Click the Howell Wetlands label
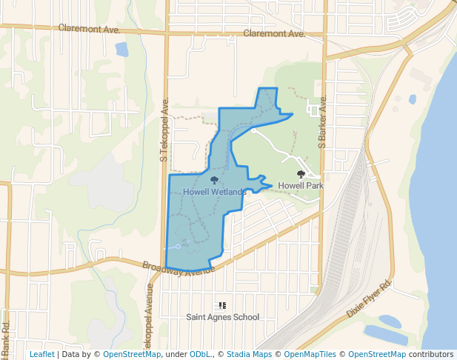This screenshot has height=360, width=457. [x=214, y=192]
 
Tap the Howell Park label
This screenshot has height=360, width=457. [x=301, y=185]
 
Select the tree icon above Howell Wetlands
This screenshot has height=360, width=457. [x=214, y=181]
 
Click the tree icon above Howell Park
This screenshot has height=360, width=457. [x=301, y=174]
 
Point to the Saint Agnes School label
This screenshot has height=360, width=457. [x=222, y=317]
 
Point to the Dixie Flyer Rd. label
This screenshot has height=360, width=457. [x=368, y=300]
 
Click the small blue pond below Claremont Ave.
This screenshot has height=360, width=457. [x=121, y=50]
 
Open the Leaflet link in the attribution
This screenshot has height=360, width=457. [x=41, y=354]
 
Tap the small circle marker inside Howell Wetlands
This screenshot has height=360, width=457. [x=178, y=246]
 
